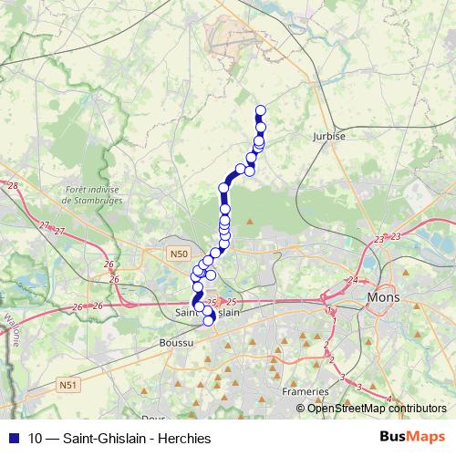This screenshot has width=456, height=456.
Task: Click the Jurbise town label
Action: click(330, 134)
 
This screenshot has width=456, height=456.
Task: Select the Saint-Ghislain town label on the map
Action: click(206, 311)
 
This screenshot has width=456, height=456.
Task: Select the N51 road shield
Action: click(67, 386)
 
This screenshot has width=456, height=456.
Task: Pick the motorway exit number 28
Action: click(13, 186)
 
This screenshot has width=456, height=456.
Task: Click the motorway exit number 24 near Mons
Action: click(353, 280)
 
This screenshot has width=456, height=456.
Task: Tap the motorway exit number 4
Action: click(389, 399)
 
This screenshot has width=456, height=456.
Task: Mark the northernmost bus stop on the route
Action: click(260, 111)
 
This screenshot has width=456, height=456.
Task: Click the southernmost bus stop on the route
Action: click(208, 320)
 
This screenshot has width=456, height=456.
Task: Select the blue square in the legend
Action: click(12, 438)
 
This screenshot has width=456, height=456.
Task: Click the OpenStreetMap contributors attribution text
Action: click(376, 408)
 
